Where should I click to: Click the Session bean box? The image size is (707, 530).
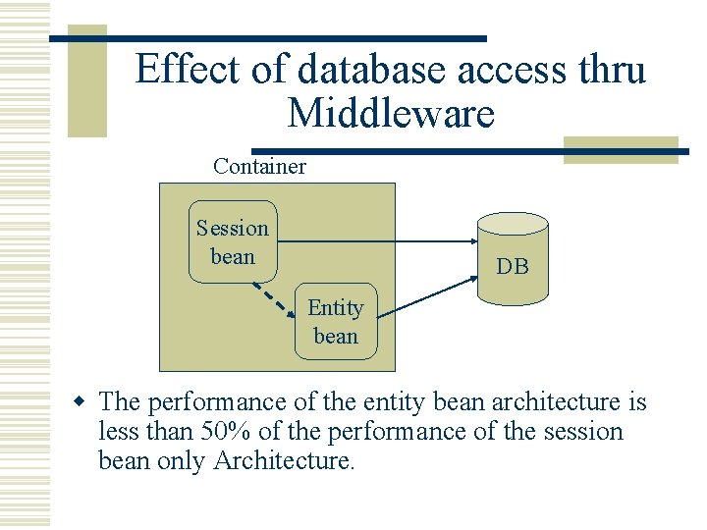click(x=233, y=242)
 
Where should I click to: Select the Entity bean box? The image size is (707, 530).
click(x=336, y=322)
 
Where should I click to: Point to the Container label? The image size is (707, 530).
click(x=259, y=166)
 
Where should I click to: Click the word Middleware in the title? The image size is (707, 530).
click(x=391, y=114)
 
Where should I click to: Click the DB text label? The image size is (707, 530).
click(x=512, y=266)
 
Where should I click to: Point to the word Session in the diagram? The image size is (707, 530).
click(x=232, y=229)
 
